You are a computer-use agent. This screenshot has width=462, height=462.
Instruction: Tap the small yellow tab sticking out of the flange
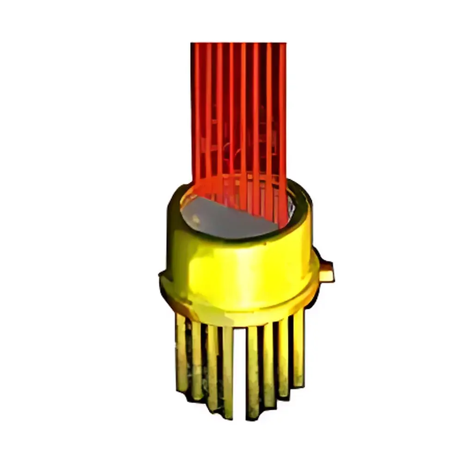click(326, 272)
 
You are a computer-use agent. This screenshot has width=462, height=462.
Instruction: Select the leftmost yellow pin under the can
click(181, 351)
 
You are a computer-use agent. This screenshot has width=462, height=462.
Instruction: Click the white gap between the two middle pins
click(240, 370)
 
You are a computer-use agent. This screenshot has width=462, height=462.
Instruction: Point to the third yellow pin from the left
click(212, 365)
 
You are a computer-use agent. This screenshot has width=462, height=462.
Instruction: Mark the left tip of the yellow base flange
click(162, 277)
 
